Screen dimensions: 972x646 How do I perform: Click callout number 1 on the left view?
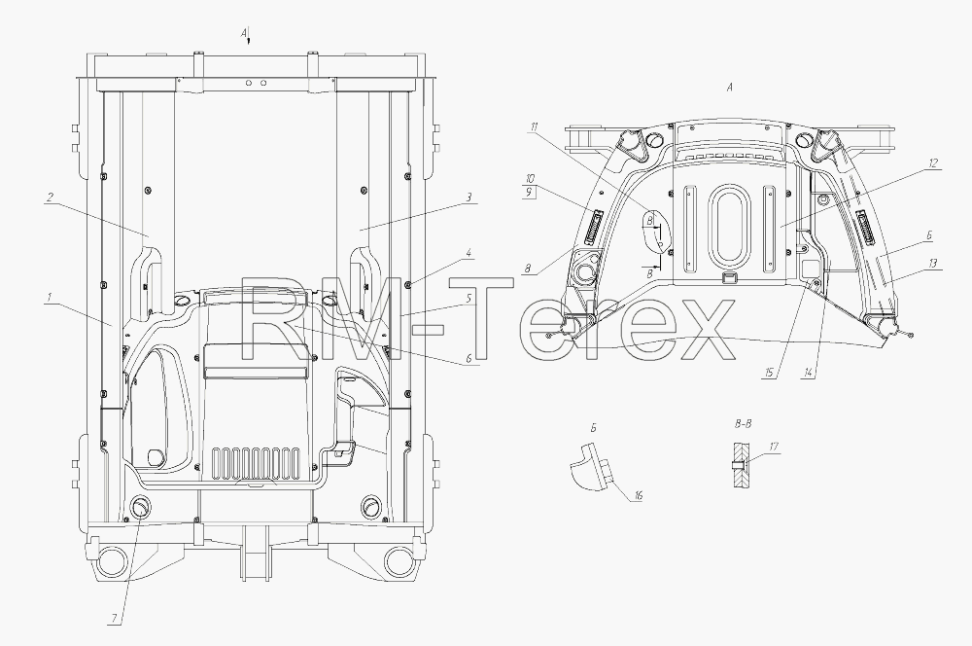(x=49, y=298)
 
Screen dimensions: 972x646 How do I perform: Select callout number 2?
(x=50, y=197)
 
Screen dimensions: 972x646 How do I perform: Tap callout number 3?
(x=469, y=197)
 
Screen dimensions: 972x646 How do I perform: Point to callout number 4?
(x=469, y=253)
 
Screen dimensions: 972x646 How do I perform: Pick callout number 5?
(x=469, y=298)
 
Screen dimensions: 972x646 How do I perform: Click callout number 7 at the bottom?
(x=114, y=619)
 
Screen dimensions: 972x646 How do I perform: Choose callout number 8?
(x=528, y=269)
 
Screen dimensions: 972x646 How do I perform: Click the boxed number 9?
(x=530, y=193)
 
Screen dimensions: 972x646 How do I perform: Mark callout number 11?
(x=534, y=127)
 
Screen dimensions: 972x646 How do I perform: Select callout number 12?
(x=933, y=163)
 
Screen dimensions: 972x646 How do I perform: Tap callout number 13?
(x=933, y=263)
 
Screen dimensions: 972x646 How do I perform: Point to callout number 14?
(x=808, y=373)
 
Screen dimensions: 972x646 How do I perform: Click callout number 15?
(x=769, y=373)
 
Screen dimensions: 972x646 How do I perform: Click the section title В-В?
(x=743, y=424)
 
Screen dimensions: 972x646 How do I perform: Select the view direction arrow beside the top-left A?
(x=248, y=38)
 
